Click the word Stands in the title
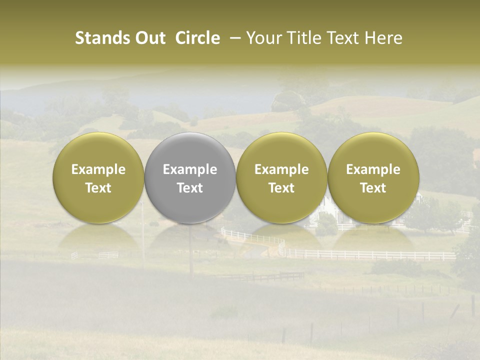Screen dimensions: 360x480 point(102,38)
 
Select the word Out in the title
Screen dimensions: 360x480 point(150,38)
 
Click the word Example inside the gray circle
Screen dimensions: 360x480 point(190,169)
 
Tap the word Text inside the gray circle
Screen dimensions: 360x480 point(190,188)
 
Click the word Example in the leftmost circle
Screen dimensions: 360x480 point(98,169)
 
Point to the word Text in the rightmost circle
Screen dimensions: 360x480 point(373,188)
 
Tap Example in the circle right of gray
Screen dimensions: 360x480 point(281,169)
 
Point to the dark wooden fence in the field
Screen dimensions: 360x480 point(265,276)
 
